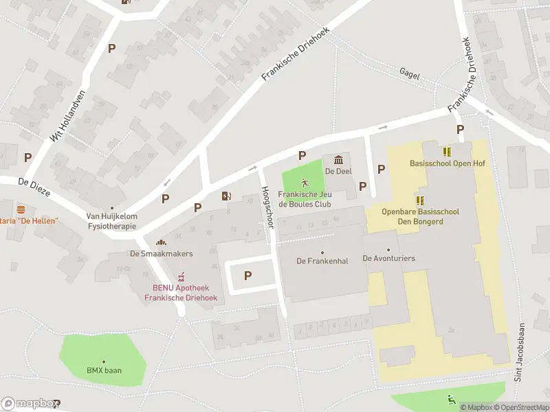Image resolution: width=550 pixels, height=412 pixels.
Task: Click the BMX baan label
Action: pos(104,370)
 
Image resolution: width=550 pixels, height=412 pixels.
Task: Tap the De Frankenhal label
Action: pos(321,260)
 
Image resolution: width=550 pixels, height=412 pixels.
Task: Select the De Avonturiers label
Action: pos(388,258)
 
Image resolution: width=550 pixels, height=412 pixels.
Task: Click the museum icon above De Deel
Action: pos(338,160)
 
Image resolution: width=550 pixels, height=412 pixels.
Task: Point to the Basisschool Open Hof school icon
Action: pos(447,152)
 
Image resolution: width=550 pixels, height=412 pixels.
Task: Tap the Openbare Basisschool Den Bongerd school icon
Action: pos(420,201)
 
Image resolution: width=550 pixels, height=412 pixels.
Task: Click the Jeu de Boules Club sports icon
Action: pos(304,183)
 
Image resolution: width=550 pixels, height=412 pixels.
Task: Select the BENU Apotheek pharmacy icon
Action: pos(181,277)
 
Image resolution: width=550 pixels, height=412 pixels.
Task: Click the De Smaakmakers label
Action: pos(162,253)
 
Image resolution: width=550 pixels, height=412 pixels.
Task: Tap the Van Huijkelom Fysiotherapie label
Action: pos(112,220)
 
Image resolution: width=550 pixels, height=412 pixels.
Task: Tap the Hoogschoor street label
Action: pos(267,205)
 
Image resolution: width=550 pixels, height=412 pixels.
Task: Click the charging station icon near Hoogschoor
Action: pos(226,196)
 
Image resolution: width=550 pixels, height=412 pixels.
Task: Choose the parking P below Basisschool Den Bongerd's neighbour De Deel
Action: pos(363,186)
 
